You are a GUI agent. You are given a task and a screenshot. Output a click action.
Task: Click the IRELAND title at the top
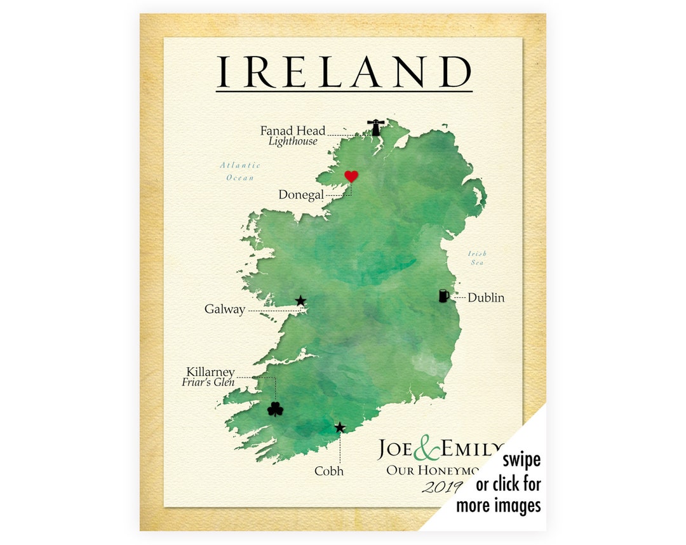344,72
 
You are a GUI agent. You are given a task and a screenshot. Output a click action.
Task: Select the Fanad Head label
292,131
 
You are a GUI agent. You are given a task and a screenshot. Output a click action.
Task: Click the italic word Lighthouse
292,142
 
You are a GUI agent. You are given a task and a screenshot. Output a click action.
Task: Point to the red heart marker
351,176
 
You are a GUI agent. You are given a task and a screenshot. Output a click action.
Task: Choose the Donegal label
301,195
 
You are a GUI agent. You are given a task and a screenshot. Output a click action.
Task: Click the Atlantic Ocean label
240,172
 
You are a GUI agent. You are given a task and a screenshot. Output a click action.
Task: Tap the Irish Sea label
478,257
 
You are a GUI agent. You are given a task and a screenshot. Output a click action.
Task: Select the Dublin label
486,297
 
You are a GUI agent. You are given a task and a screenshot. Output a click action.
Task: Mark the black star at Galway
300,300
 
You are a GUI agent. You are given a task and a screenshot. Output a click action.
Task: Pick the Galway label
224,310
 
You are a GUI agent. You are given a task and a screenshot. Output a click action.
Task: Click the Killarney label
210,372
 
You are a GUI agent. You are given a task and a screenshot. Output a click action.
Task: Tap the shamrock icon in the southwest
275,409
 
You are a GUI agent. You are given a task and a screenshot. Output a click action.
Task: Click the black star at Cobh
340,427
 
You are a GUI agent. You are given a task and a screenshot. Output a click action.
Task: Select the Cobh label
329,471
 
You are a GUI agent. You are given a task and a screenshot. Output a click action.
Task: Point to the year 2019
442,487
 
